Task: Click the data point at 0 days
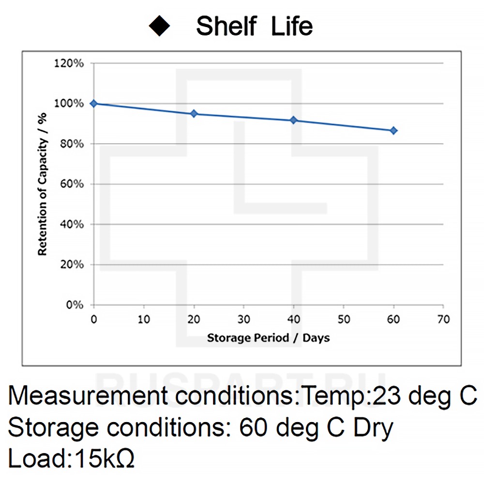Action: pos(94,104)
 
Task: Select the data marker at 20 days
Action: pos(194,114)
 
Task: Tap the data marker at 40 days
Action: pos(293,120)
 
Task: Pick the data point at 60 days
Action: pos(393,131)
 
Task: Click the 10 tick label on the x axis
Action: pos(144,319)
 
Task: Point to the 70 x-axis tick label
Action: pos(443,319)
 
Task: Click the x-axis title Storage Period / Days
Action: pos(268,338)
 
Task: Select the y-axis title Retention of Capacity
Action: pos(43,184)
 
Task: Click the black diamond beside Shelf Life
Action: pos(160,26)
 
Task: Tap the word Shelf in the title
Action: pos(226,26)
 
